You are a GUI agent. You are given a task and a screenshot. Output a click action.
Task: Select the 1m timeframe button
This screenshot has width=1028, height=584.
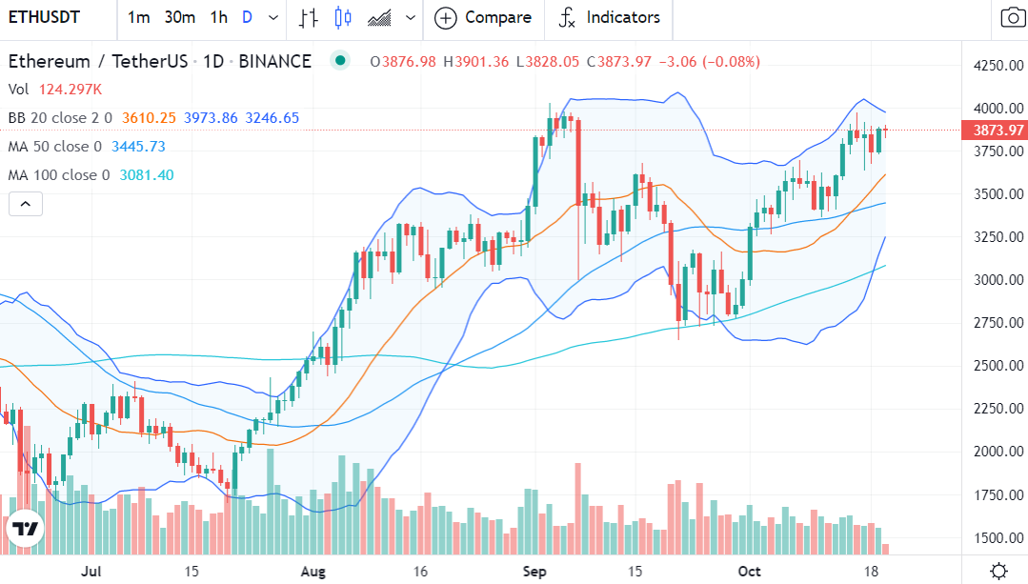click(x=138, y=17)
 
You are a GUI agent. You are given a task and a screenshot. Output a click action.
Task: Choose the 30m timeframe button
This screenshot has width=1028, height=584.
click(x=179, y=17)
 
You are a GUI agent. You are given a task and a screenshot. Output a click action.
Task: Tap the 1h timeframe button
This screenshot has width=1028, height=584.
click(x=219, y=17)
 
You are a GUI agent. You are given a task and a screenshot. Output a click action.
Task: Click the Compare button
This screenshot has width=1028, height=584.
click(x=483, y=17)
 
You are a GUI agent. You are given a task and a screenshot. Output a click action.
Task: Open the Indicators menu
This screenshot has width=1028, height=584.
click(x=610, y=17)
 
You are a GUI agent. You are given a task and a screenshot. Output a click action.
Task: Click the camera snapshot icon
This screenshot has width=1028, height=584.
click(x=1012, y=17)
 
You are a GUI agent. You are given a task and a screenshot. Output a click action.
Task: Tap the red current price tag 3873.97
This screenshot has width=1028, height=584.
click(x=994, y=130)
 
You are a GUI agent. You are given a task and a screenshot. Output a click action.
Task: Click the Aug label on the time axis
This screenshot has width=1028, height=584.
click(x=312, y=572)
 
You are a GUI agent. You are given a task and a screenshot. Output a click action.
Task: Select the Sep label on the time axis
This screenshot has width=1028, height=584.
click(x=535, y=572)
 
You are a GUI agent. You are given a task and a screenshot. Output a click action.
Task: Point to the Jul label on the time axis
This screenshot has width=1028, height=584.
click(x=91, y=572)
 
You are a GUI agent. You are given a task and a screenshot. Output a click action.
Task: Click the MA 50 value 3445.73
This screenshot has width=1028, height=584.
click(x=138, y=147)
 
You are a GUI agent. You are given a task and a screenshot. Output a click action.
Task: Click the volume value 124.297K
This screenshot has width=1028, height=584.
click(x=71, y=90)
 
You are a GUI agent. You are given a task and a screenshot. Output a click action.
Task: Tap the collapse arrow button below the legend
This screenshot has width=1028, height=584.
click(x=25, y=203)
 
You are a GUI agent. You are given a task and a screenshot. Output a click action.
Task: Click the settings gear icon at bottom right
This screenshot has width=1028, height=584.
click(x=998, y=571)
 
